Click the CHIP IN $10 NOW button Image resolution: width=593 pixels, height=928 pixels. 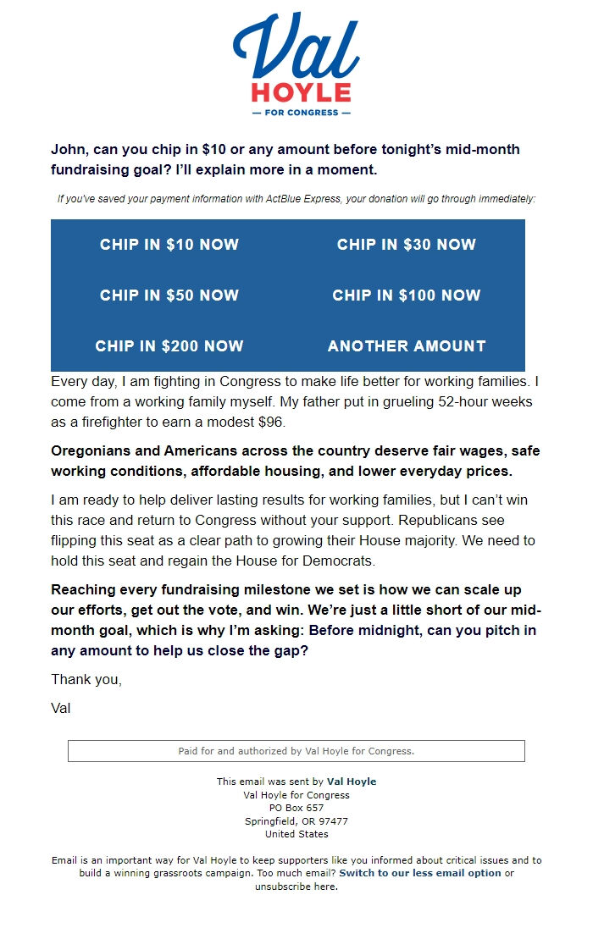click(169, 245)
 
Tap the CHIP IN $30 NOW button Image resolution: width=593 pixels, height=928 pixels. click(407, 245)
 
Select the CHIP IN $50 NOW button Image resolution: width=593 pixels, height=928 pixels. click(169, 296)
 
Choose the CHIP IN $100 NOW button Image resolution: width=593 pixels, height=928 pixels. click(407, 296)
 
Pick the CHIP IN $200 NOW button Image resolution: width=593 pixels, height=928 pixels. click(169, 346)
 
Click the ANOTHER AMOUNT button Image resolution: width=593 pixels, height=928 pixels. click(407, 346)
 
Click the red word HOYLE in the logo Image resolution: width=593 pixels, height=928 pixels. click(301, 92)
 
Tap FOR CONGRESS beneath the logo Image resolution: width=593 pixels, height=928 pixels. click(301, 113)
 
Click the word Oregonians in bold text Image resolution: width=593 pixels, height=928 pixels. click(91, 450)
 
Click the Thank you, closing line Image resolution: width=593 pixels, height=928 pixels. click(86, 679)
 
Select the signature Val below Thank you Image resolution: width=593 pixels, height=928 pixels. click(61, 708)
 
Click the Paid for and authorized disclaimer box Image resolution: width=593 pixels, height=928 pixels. click(296, 751)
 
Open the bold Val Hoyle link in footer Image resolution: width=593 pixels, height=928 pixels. click(352, 782)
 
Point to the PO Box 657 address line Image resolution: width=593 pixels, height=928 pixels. click(296, 808)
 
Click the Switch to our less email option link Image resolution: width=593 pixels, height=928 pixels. click(420, 873)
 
